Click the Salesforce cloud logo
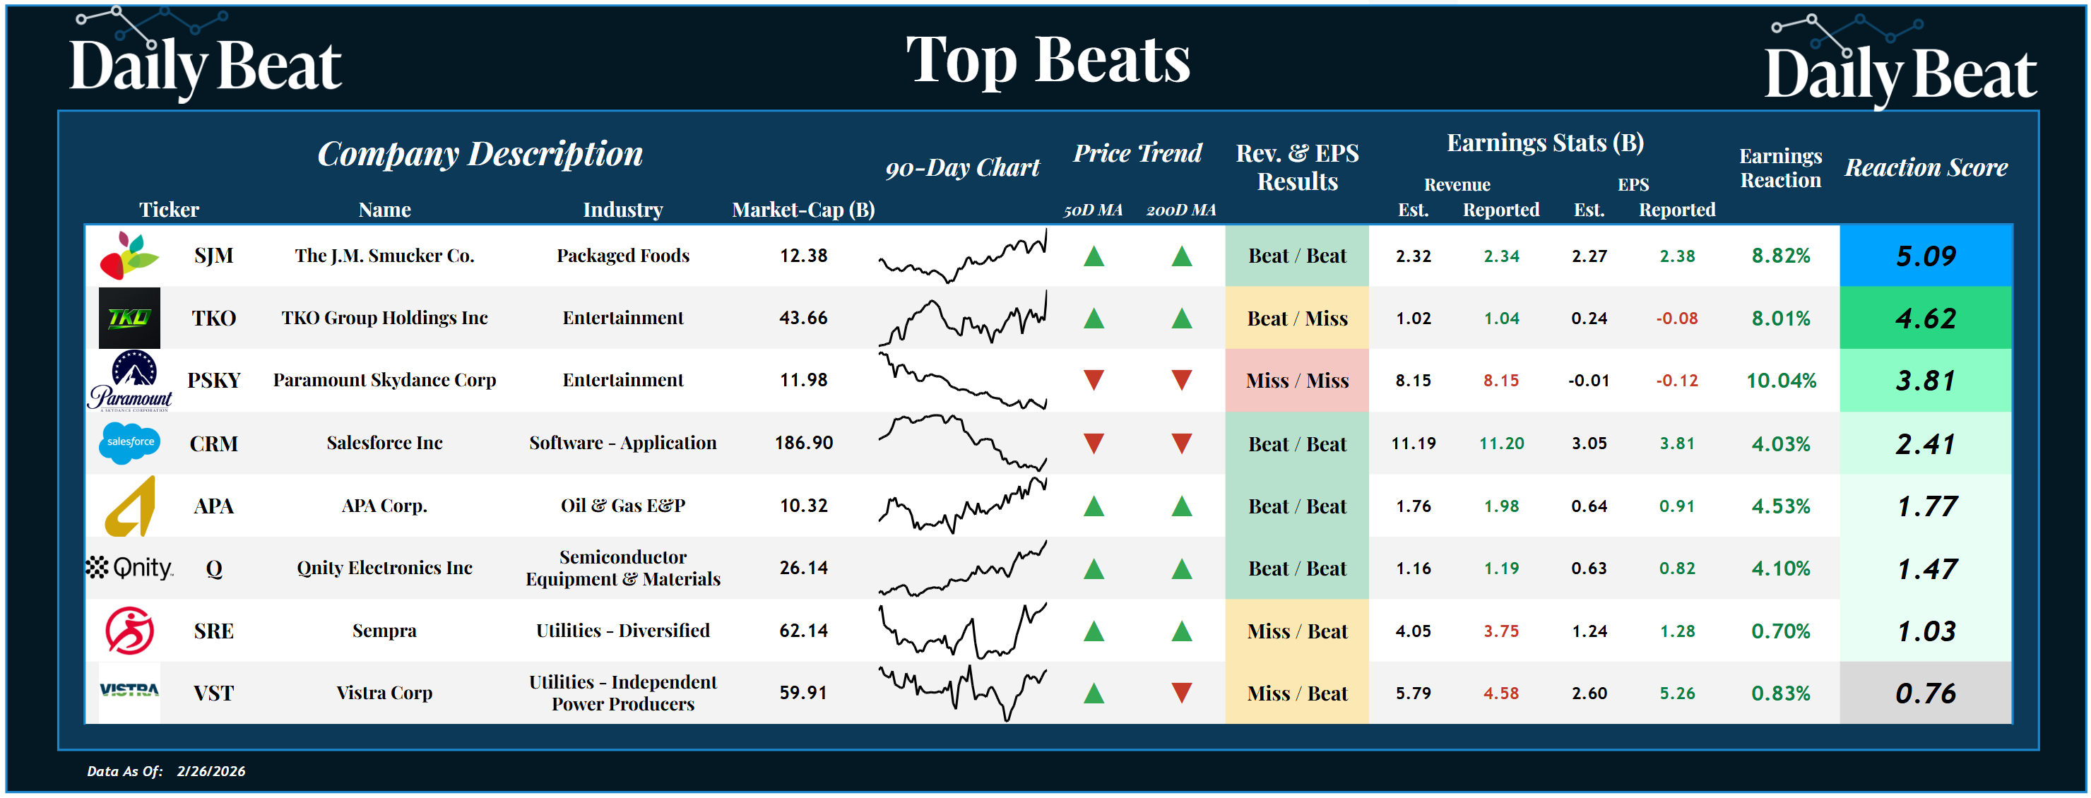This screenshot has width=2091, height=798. coord(129,443)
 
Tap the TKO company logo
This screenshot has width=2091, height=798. coord(129,317)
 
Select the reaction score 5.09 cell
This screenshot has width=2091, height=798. coord(1926,256)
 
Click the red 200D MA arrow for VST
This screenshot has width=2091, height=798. coord(1181,693)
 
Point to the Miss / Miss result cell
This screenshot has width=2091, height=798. coord(1296,380)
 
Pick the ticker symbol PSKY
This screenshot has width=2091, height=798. coord(213,380)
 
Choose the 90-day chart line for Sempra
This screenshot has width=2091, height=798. coord(963,631)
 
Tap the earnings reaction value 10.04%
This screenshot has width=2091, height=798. coord(1780,380)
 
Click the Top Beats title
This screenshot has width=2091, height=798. coord(1047,60)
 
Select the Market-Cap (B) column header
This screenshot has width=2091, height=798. coord(802,210)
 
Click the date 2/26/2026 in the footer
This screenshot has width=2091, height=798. coord(211,770)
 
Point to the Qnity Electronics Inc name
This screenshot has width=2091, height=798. coord(384,568)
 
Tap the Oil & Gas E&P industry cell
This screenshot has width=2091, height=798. coord(622,506)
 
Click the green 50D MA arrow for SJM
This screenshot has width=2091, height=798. coord(1094,256)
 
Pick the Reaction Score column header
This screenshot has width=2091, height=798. coord(1926,167)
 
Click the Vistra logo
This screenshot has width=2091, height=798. coord(129,691)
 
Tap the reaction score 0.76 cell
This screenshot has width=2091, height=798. coord(1926,693)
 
